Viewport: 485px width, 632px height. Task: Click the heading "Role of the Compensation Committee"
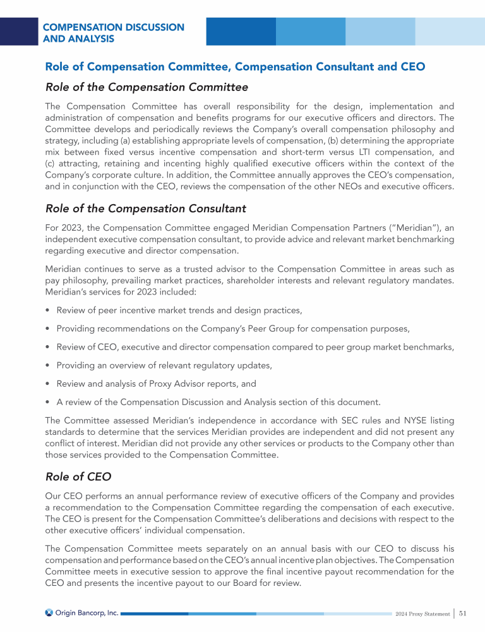147,87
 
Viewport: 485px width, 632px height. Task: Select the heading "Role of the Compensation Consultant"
145,209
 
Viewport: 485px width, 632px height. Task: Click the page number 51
463,613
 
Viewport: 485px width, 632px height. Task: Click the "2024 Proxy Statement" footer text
421,614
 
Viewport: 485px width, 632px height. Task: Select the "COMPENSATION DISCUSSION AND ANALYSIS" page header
114,33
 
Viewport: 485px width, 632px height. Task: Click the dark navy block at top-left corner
19,31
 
